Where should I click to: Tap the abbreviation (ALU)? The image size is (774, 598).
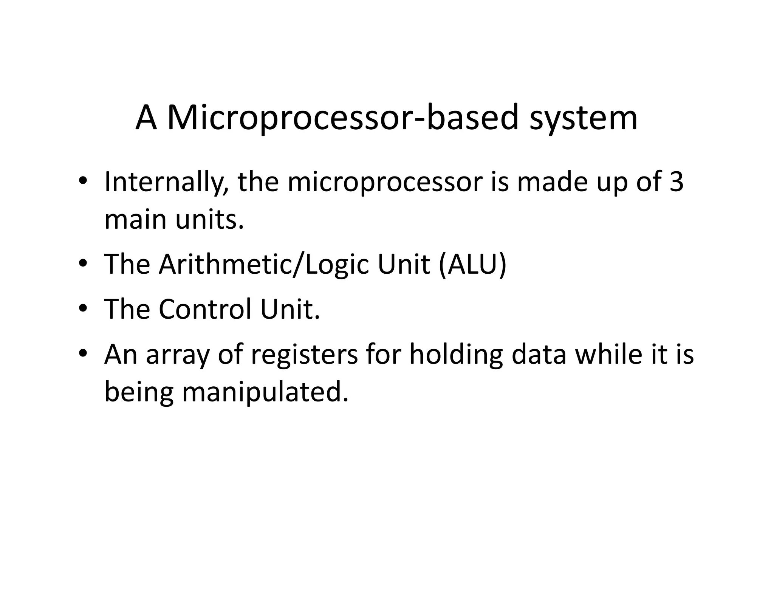coord(472,264)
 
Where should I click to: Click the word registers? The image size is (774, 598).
coord(305,355)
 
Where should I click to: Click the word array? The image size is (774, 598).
coord(177,355)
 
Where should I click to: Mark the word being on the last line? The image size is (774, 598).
coord(139,392)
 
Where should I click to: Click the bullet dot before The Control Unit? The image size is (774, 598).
coord(83,309)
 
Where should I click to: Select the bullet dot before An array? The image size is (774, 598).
coord(83,354)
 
